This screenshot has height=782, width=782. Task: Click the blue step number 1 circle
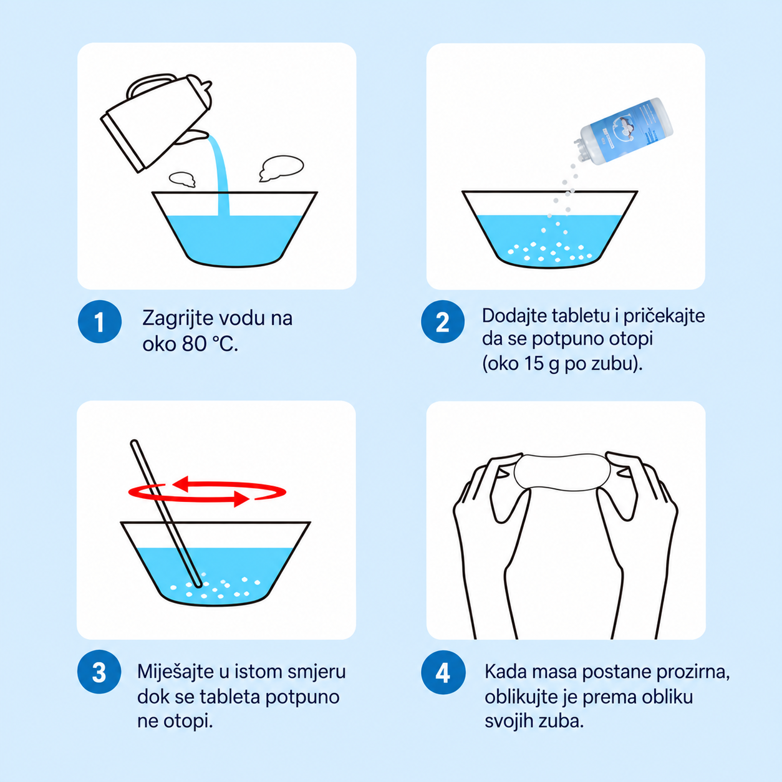coord(99,321)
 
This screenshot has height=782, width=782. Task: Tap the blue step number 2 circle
coord(443,321)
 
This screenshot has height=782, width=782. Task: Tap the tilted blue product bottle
coord(624,132)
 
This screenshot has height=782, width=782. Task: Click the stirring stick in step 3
coord(166,513)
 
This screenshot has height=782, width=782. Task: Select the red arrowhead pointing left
coord(181,484)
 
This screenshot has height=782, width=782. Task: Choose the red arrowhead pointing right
coord(241,498)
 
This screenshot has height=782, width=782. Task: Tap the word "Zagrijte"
coord(177,318)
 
